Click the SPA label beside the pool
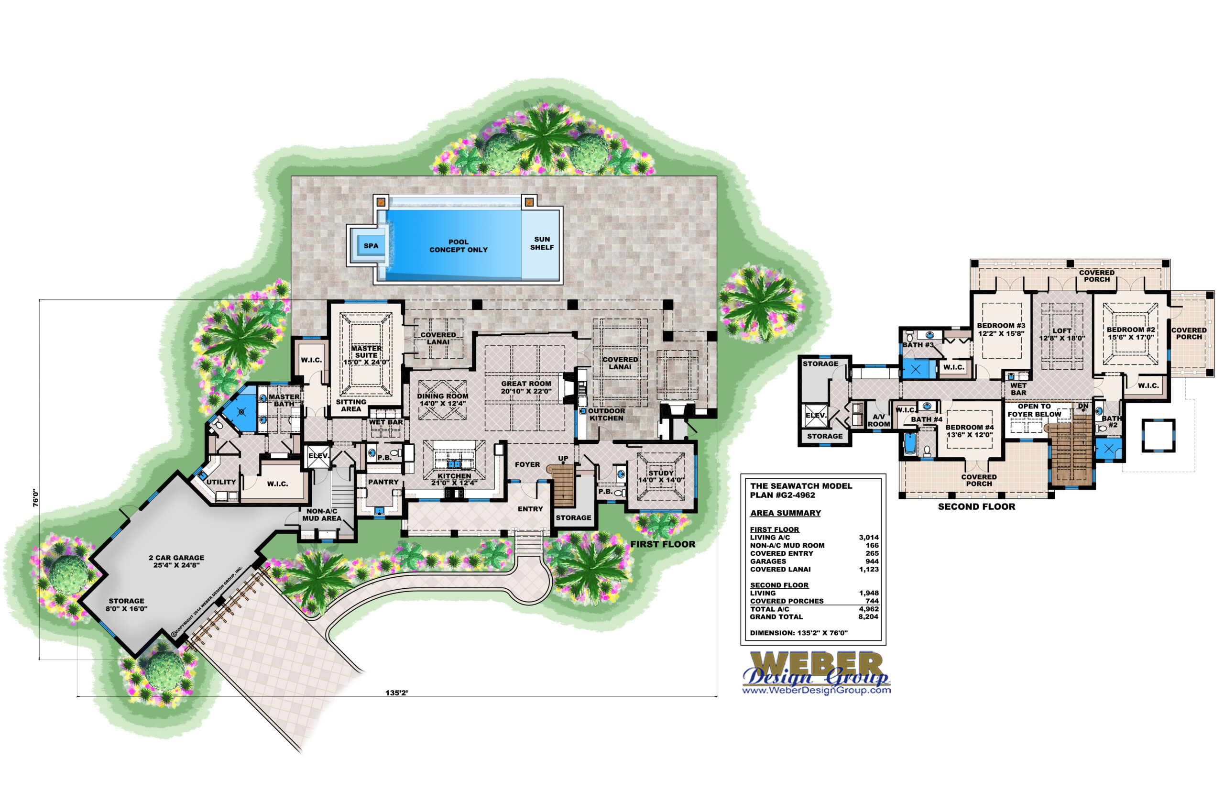coord(371,246)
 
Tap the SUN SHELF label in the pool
coord(542,243)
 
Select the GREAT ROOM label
coord(526,387)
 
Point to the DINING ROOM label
coord(443,400)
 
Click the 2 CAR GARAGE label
coord(176,561)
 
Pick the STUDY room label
coord(661,476)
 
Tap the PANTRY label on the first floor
coord(383,482)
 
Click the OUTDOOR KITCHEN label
coord(607,415)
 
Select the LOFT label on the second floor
coord(1062,334)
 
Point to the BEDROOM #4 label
coord(970,431)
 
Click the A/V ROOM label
coord(878,420)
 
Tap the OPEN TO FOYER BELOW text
coord(1034,410)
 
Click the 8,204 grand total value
coord(868,616)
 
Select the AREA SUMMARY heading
coord(786,513)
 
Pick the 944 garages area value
coord(872,561)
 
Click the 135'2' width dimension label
coord(396,693)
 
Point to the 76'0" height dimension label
coord(35,497)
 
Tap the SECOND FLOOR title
coord(976,506)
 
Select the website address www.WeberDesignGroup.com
coord(816,690)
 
